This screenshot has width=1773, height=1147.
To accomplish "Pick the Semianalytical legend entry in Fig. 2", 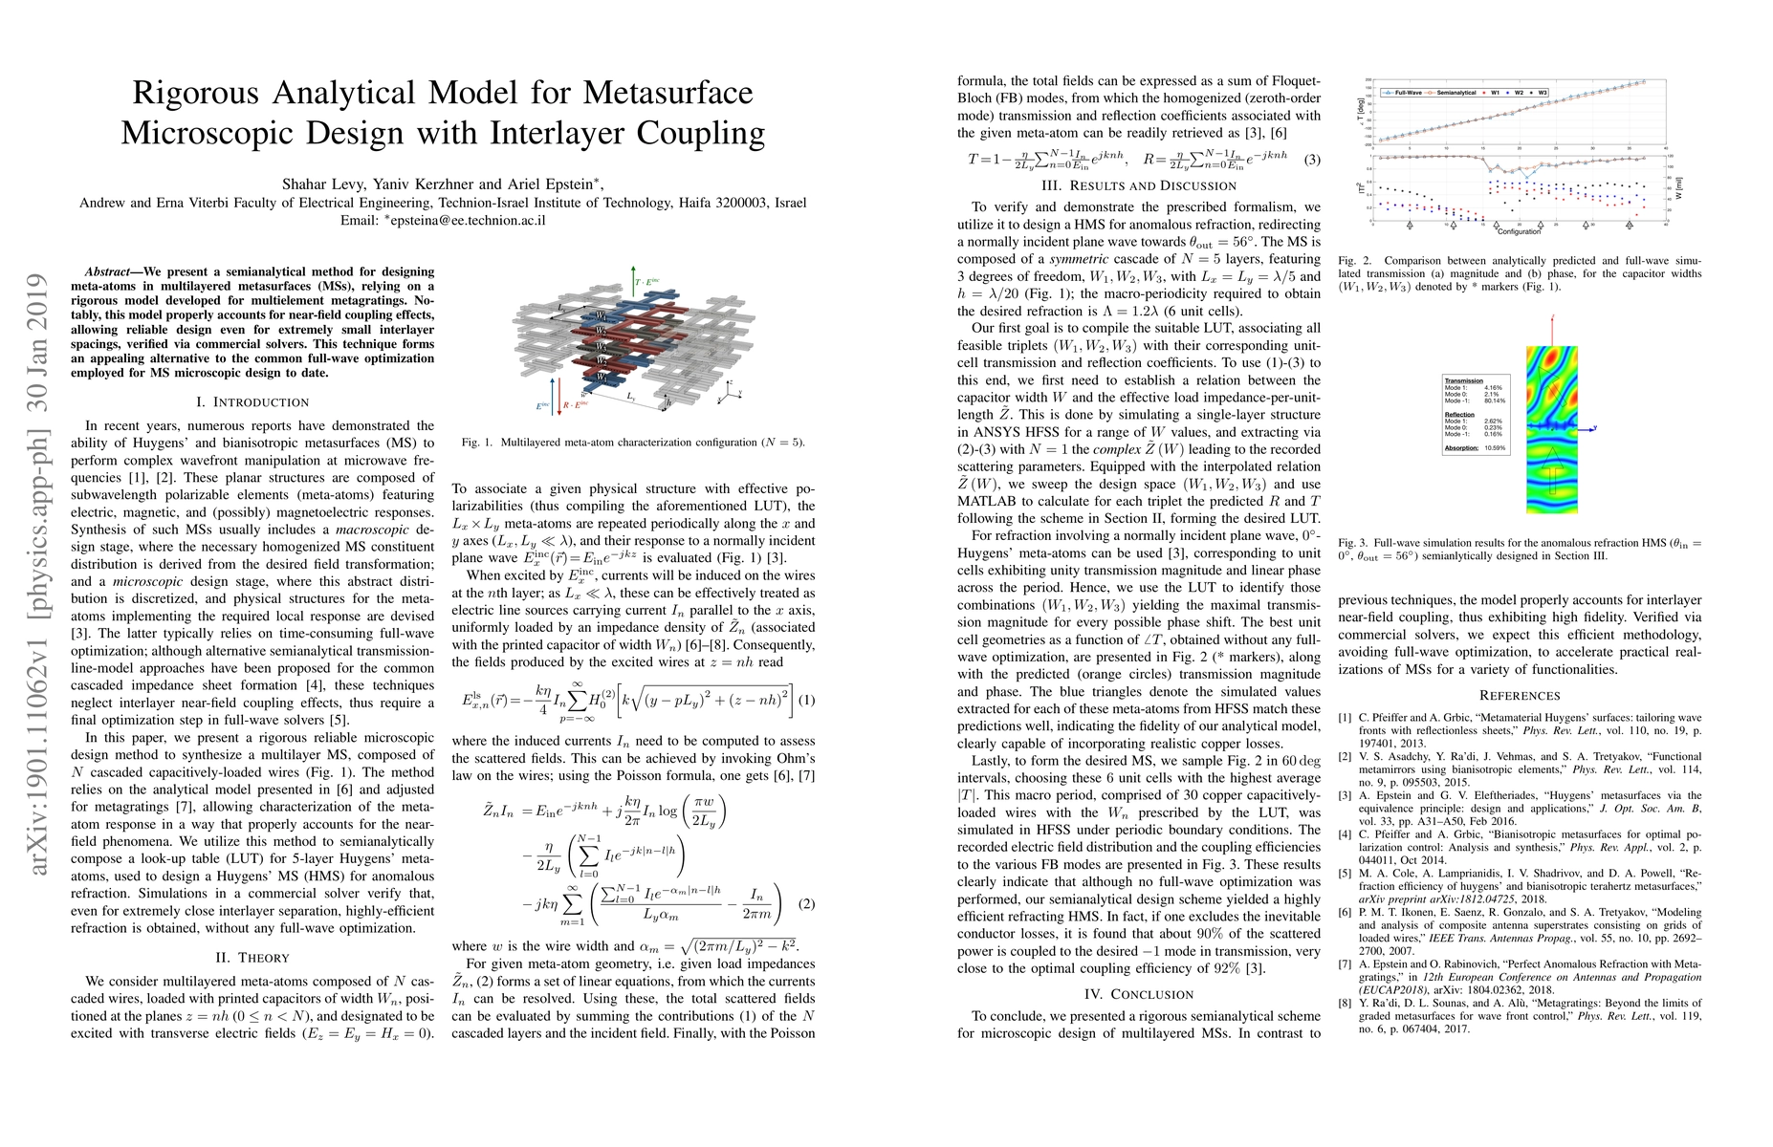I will (x=1456, y=93).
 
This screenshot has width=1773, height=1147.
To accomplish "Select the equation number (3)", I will (x=1311, y=161).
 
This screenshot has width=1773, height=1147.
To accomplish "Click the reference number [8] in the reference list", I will (x=1345, y=1002).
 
